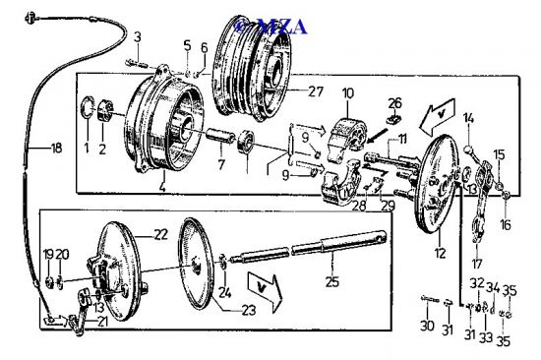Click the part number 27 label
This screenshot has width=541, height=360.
(x=316, y=91)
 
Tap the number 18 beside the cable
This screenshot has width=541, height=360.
(x=56, y=149)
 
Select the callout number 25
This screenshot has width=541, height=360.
(x=332, y=281)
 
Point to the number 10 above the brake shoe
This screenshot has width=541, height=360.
(x=348, y=93)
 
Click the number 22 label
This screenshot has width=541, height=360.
(x=160, y=235)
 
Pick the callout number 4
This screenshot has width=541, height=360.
(x=162, y=186)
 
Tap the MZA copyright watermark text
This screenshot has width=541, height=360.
(x=270, y=27)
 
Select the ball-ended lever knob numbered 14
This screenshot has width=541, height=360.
(x=469, y=150)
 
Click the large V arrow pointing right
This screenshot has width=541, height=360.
(x=265, y=293)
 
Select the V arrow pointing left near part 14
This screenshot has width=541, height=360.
(x=437, y=117)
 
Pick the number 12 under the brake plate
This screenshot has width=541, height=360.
(x=441, y=254)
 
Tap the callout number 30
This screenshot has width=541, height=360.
(x=427, y=326)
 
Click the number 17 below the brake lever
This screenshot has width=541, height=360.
(x=477, y=264)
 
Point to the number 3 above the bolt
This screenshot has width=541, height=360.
(x=138, y=37)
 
